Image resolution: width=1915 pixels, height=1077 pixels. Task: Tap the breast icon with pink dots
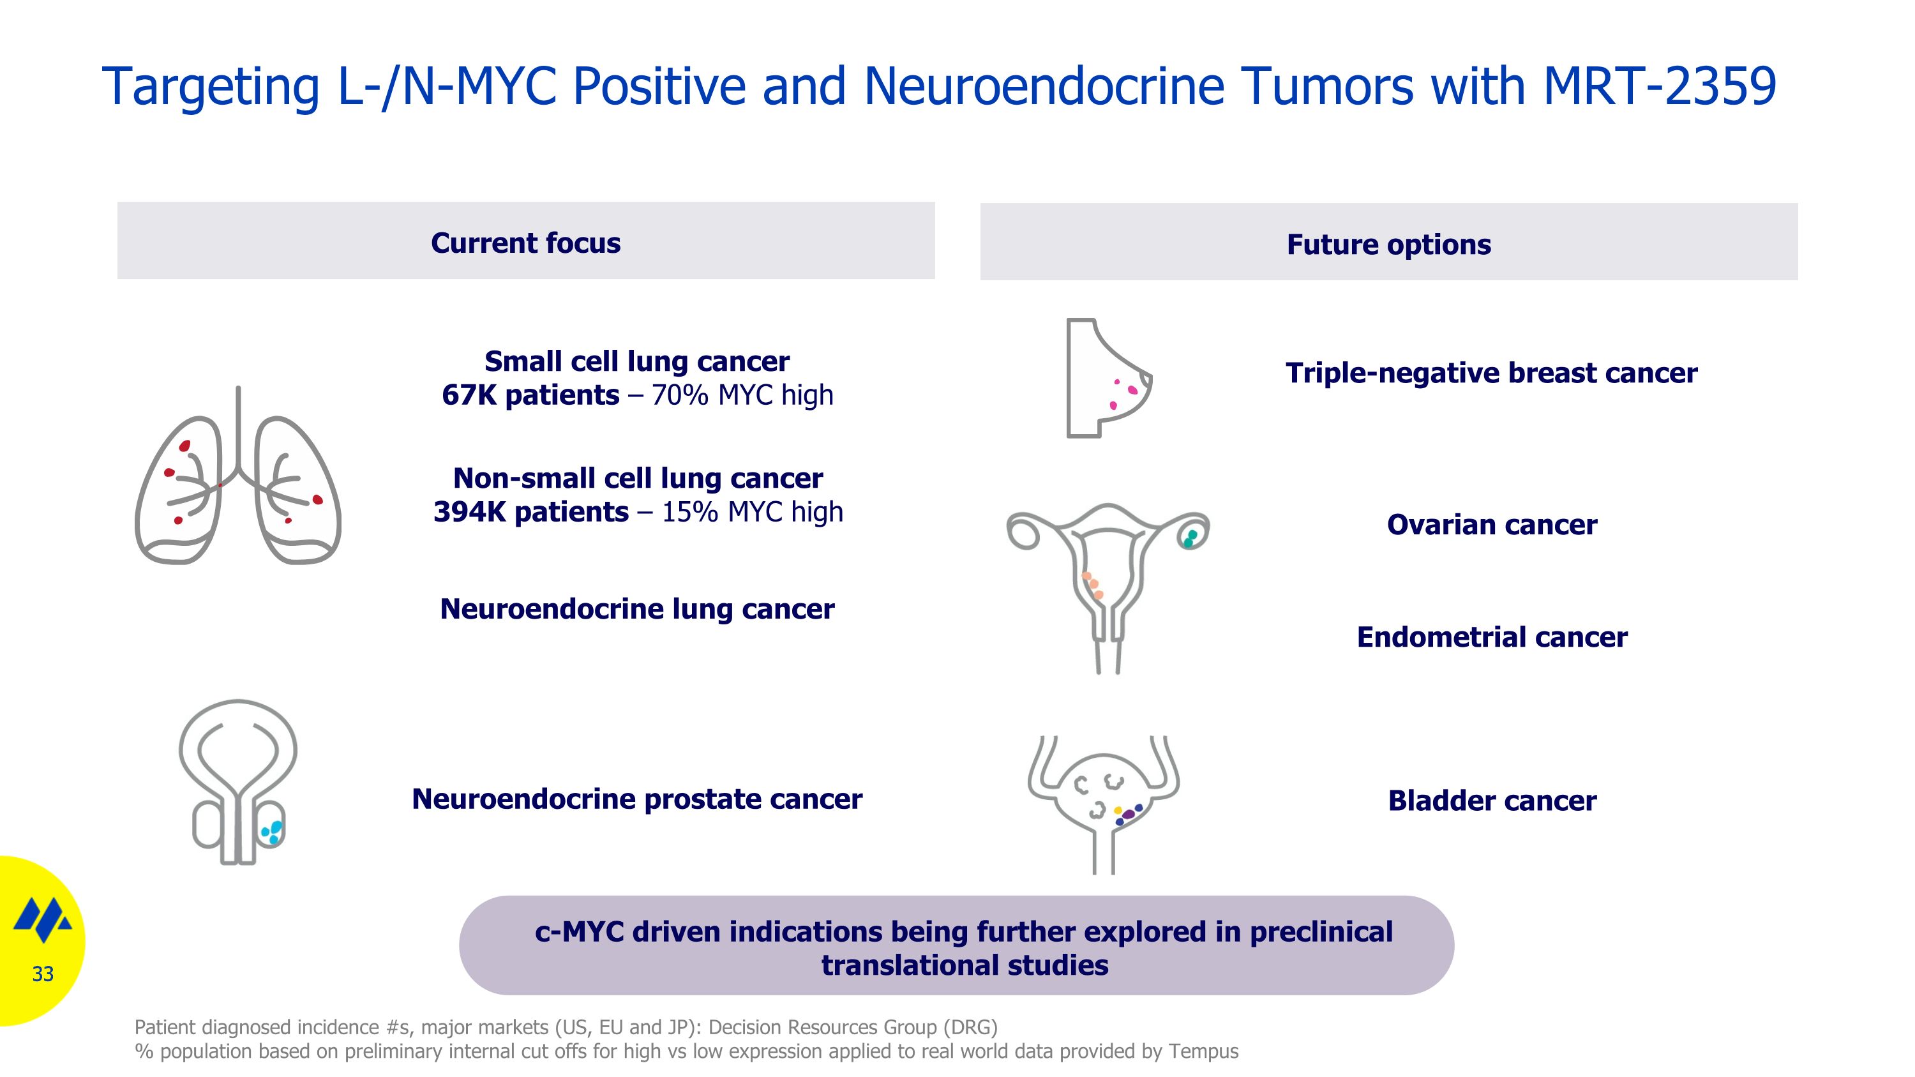tap(1106, 379)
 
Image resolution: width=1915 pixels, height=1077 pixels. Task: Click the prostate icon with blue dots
tap(238, 780)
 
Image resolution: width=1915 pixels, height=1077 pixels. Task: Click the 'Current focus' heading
tap(525, 243)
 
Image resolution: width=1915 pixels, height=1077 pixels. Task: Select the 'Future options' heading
tap(1388, 245)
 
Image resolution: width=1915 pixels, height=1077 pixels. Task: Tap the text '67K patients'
tap(530, 395)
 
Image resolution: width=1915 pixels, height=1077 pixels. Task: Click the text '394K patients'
tap(531, 512)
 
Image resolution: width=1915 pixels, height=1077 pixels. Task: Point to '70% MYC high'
tap(742, 395)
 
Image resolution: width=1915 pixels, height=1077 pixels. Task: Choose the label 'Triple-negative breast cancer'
tap(1491, 373)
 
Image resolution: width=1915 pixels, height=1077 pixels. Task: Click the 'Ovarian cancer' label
tap(1491, 525)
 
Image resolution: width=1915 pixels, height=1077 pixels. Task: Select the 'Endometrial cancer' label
tap(1491, 637)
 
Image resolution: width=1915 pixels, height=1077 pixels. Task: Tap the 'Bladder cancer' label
tap(1491, 801)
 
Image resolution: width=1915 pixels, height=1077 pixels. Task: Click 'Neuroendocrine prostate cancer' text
tap(637, 799)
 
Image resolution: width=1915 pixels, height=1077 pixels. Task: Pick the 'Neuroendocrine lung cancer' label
tap(637, 609)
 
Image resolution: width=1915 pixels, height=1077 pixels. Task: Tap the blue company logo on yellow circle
tap(43, 919)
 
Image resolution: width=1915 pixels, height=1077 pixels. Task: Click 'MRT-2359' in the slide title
tap(1659, 86)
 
